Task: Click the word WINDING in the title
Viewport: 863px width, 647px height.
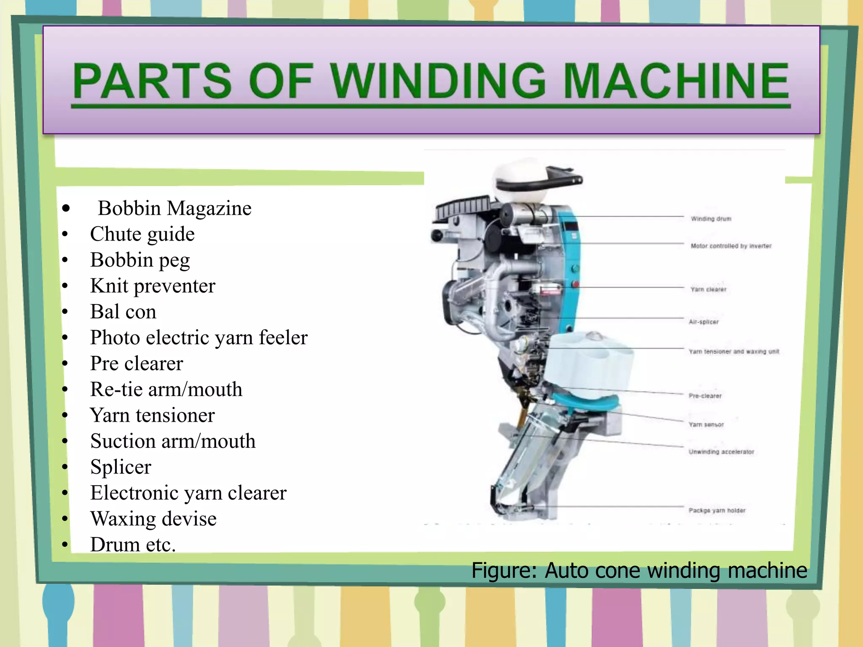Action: point(438,81)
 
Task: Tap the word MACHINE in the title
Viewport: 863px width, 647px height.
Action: point(676,81)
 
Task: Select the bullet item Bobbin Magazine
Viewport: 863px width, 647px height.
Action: point(174,209)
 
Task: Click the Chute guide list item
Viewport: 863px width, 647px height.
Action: point(142,234)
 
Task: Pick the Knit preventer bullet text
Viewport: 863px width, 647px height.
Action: point(153,286)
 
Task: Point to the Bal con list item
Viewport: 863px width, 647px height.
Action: point(123,312)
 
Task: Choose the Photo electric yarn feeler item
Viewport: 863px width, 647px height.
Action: point(199,338)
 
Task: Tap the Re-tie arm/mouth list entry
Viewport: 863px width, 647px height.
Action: point(166,390)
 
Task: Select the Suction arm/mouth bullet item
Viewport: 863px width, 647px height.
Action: point(173,441)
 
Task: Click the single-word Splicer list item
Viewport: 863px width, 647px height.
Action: point(121,467)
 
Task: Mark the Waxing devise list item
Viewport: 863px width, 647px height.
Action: point(153,519)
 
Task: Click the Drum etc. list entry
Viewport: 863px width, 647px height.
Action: point(133,545)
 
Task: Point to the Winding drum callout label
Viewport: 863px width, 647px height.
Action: point(711,219)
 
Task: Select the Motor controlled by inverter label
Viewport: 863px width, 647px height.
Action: point(731,246)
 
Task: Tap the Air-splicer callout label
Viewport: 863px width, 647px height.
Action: point(703,322)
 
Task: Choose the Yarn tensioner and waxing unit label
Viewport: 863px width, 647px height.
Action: point(734,351)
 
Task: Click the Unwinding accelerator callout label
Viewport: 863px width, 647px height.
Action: point(721,452)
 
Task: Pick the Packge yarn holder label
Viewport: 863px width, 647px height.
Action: point(717,511)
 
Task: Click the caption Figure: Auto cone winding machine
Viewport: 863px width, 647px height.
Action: point(639,571)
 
